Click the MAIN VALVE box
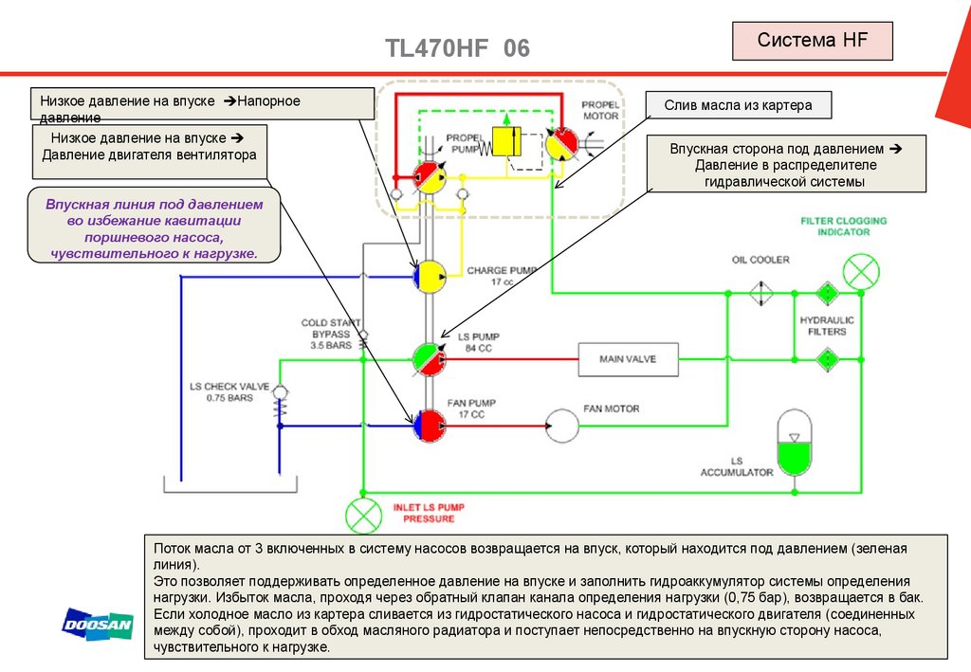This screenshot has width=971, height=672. (627, 359)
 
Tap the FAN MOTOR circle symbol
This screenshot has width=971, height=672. (562, 425)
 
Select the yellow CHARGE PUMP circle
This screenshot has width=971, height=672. (431, 277)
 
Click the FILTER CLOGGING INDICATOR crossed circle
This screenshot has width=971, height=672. (861, 271)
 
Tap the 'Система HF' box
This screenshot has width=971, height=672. (812, 42)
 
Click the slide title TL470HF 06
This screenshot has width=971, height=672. (457, 48)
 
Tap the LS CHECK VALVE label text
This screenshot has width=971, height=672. (229, 392)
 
